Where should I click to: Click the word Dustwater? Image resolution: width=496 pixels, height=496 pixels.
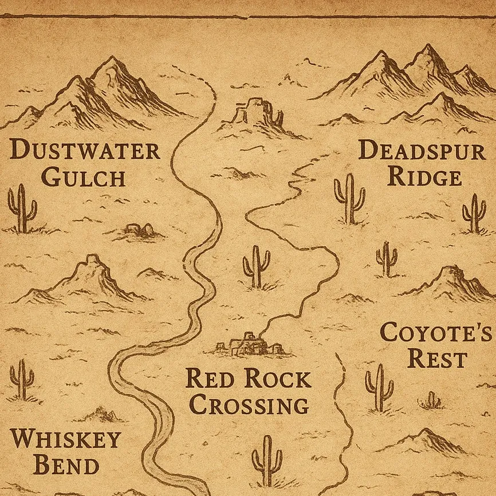tap(85, 151)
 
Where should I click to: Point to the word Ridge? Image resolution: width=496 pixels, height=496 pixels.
tap(424, 176)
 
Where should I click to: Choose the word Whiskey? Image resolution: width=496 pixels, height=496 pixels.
tap(66, 439)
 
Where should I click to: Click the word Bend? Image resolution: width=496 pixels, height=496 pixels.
tap(66, 465)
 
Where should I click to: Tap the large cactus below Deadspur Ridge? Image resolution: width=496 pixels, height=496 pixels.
tap(349, 198)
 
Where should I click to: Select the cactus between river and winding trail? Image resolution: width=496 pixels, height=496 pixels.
tap(256, 266)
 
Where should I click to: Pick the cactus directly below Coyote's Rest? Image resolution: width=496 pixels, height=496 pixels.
tap(379, 388)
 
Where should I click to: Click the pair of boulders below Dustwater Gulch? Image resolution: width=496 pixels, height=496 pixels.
tap(140, 230)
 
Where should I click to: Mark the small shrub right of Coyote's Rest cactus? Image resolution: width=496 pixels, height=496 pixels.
tap(431, 400)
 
